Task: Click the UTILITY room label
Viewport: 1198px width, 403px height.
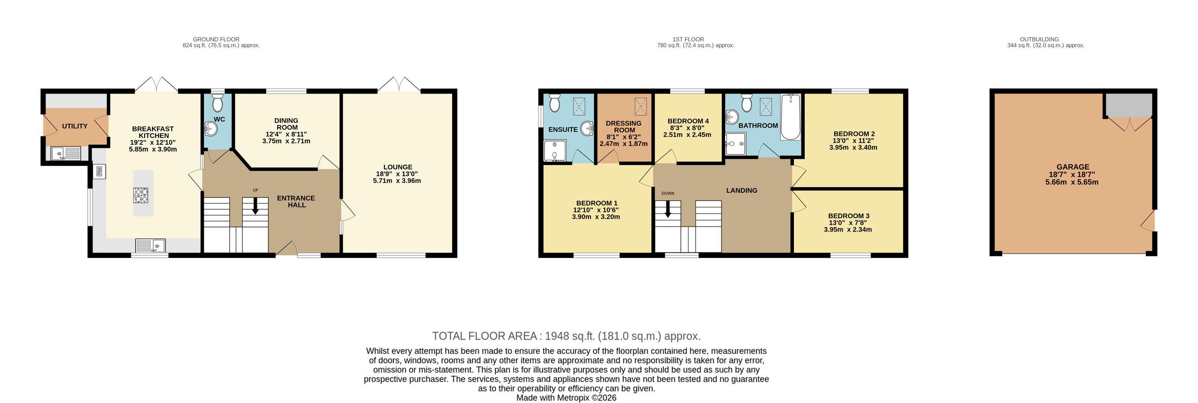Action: pos(75,126)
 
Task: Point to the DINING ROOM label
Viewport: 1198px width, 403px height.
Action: pos(287,124)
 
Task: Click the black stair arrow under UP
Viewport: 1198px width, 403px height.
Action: pos(255,206)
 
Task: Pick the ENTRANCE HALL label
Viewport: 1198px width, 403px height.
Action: pos(296,201)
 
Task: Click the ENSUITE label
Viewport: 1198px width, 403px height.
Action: pos(563,130)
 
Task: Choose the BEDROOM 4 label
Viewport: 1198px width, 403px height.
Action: pos(688,121)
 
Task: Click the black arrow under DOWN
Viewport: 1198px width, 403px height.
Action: pos(668,209)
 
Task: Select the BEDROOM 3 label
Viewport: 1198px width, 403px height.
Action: pos(849,216)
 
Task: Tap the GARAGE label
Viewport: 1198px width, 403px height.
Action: pos(1073,167)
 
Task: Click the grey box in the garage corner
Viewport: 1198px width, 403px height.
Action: pos(1129,105)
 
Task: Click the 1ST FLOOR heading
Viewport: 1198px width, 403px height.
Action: pos(688,40)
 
